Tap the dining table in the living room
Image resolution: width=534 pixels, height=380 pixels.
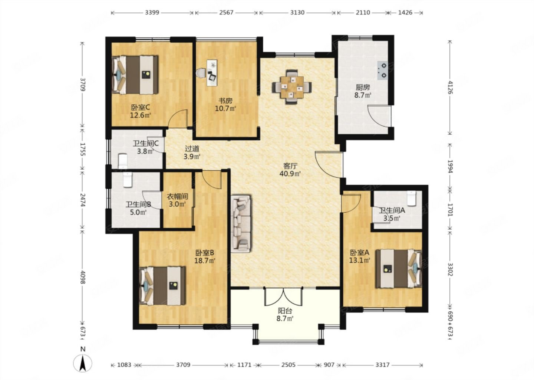[292, 87]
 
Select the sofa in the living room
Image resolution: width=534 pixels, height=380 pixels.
[241, 224]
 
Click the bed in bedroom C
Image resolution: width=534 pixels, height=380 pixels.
[135, 75]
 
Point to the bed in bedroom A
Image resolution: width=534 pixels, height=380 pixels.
[399, 269]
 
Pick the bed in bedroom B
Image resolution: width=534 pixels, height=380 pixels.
[162, 286]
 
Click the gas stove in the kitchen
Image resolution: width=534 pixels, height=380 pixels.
[382, 71]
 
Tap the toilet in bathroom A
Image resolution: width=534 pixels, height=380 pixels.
[412, 198]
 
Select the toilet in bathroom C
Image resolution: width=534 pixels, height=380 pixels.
[123, 161]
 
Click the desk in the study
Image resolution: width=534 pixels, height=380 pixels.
[212, 73]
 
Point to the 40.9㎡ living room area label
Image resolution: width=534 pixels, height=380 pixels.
[290, 174]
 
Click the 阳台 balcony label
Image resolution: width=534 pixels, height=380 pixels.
[285, 311]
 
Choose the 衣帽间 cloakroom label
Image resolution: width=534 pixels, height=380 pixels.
[177, 197]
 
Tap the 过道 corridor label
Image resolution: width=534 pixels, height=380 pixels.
[192, 149]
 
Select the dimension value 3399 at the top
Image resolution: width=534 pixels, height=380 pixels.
[152, 12]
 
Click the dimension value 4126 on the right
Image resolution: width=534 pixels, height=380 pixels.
[450, 87]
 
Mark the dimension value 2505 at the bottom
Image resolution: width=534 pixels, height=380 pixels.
[288, 365]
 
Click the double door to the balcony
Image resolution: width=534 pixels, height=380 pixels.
[283, 297]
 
